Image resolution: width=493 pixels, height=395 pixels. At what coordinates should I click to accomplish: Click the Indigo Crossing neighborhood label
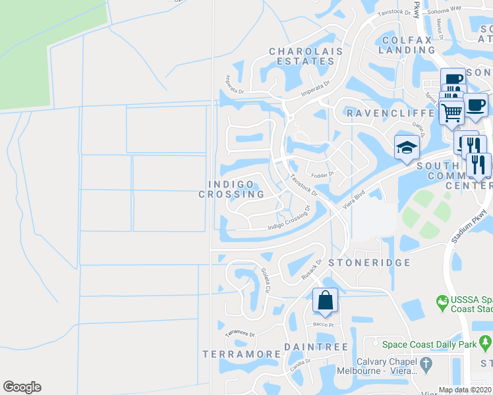[x=232, y=189]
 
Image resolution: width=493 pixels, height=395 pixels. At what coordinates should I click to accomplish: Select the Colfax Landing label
[x=407, y=45]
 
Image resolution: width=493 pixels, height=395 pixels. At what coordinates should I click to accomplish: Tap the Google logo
[x=22, y=387]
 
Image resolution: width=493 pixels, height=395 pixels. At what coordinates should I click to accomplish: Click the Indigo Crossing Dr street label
[x=289, y=221]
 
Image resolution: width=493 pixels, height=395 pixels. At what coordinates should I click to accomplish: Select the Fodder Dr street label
[x=324, y=174]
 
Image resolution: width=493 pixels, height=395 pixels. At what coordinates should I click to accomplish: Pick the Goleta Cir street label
[x=266, y=280]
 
